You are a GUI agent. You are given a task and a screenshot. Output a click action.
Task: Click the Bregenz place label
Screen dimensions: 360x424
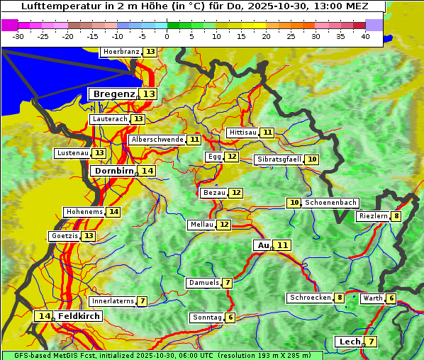pos(113,94)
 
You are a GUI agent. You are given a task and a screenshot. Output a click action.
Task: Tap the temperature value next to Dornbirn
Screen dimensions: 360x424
pos(147,171)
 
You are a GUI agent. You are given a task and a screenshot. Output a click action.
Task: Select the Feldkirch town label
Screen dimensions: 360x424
pos(79,316)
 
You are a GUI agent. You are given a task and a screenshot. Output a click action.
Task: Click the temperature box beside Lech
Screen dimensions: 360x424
pos(370,342)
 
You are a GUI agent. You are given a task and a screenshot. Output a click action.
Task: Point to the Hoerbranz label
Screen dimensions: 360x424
pos(121,52)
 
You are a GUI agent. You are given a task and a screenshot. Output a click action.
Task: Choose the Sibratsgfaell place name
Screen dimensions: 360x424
pos(279,159)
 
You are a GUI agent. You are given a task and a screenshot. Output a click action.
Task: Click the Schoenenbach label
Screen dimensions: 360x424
pos(330,203)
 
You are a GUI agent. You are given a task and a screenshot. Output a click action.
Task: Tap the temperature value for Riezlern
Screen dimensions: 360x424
pos(396,216)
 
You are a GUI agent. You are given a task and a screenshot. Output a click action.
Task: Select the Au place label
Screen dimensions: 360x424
pos(263,245)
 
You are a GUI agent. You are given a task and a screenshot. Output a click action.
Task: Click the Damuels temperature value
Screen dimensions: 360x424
pos(227,283)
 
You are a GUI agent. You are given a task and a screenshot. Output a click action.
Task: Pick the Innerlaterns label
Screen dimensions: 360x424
pos(113,301)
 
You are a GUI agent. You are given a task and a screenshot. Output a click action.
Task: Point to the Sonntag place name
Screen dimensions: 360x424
pos(206,317)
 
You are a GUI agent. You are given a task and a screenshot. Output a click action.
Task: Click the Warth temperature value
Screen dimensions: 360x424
pos(391,298)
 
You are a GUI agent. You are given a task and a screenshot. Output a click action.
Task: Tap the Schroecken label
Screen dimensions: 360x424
pos(310,298)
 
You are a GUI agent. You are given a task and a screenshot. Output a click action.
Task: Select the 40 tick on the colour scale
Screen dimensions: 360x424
pos(364,36)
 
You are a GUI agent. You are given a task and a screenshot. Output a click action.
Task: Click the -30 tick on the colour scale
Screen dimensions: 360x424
pos(18,36)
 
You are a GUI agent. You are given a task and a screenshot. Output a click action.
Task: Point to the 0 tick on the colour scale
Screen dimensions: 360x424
pos(167,36)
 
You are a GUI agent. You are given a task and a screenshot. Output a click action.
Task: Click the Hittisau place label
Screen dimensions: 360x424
pos(242,133)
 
